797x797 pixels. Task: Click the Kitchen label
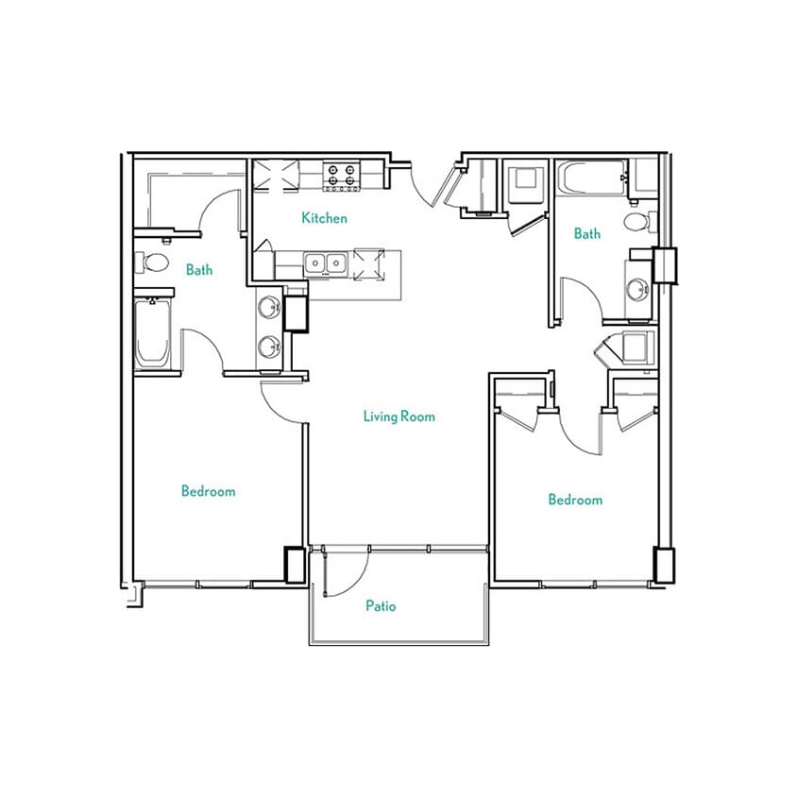(324, 218)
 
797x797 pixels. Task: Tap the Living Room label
(398, 415)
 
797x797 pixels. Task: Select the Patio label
(381, 606)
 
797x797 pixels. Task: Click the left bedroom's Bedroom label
(208, 491)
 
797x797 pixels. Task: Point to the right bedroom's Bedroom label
(575, 500)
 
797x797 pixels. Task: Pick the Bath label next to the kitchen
(199, 270)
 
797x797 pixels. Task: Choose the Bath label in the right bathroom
(586, 233)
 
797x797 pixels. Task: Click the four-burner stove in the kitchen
(341, 175)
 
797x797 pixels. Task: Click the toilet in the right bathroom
(638, 222)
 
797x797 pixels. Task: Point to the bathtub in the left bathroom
(153, 331)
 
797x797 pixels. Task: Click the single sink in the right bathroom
(638, 289)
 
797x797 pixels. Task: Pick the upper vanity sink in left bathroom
(270, 307)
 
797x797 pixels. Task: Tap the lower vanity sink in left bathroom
(270, 347)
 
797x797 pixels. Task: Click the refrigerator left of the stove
(276, 176)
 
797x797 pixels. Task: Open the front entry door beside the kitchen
(434, 182)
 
